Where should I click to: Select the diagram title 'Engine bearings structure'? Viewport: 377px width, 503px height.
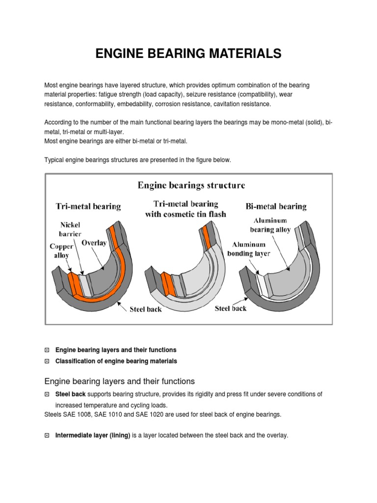(x=191, y=185)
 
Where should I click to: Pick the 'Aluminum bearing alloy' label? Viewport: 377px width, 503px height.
(x=270, y=224)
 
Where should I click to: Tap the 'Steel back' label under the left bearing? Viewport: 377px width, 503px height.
(x=146, y=309)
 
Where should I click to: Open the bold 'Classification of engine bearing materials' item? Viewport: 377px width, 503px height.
(x=116, y=361)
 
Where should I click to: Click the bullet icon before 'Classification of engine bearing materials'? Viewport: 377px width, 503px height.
(x=47, y=361)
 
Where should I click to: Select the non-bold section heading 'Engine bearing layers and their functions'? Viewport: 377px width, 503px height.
(x=120, y=381)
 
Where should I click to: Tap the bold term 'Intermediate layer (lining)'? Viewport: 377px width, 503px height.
(x=93, y=435)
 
